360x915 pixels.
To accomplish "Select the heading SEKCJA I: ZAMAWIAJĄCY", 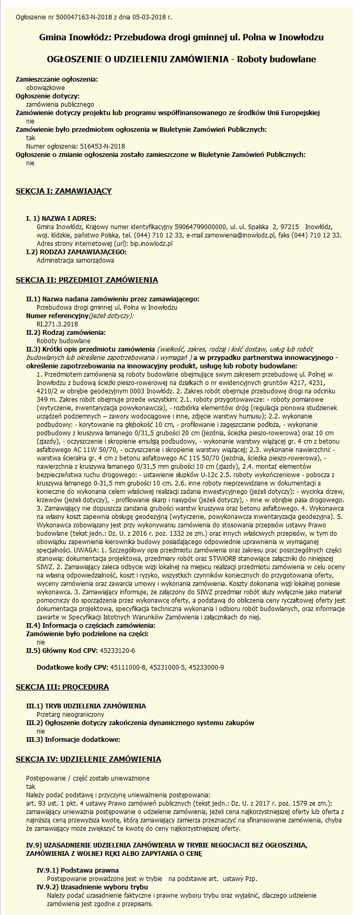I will tap(63, 191).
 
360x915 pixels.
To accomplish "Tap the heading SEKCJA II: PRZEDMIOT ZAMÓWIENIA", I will tap(87, 280).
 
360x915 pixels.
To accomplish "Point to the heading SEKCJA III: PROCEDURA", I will tap(62, 687).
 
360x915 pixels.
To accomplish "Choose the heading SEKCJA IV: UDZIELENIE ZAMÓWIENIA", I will tap(88, 759).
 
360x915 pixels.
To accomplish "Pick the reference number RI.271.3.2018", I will tap(57, 324).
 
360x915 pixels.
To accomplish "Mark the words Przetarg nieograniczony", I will tap(70, 714).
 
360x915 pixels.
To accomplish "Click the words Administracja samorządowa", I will tap(75, 260).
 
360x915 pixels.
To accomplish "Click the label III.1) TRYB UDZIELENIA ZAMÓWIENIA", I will tap(86, 706).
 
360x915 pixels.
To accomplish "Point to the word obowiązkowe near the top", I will tap(46, 87).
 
